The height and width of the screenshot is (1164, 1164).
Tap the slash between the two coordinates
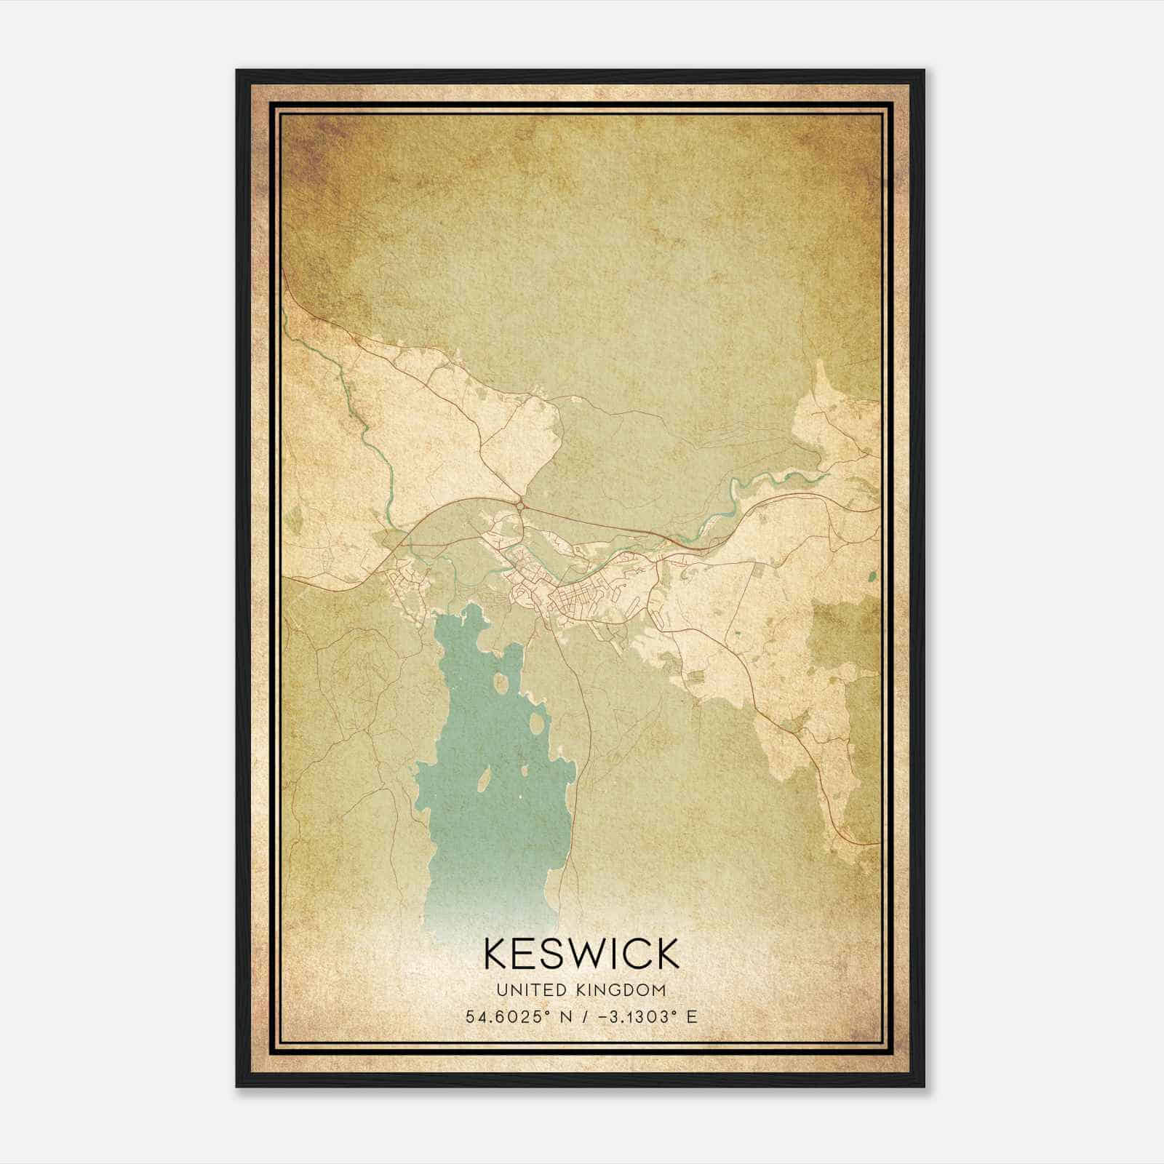pyautogui.click(x=580, y=1016)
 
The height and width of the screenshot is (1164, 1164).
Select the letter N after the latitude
pyautogui.click(x=564, y=1016)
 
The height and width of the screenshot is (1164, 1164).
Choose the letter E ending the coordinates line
pyautogui.click(x=691, y=1016)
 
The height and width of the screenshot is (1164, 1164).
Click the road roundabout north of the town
pyautogui.click(x=521, y=503)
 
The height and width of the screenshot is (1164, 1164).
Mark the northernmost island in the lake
pyautogui.click(x=501, y=682)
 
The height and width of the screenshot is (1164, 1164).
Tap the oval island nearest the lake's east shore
pyautogui.click(x=537, y=723)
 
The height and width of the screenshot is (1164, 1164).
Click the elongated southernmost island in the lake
pyautogui.click(x=482, y=784)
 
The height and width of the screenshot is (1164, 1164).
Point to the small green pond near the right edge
pyautogui.click(x=872, y=577)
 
